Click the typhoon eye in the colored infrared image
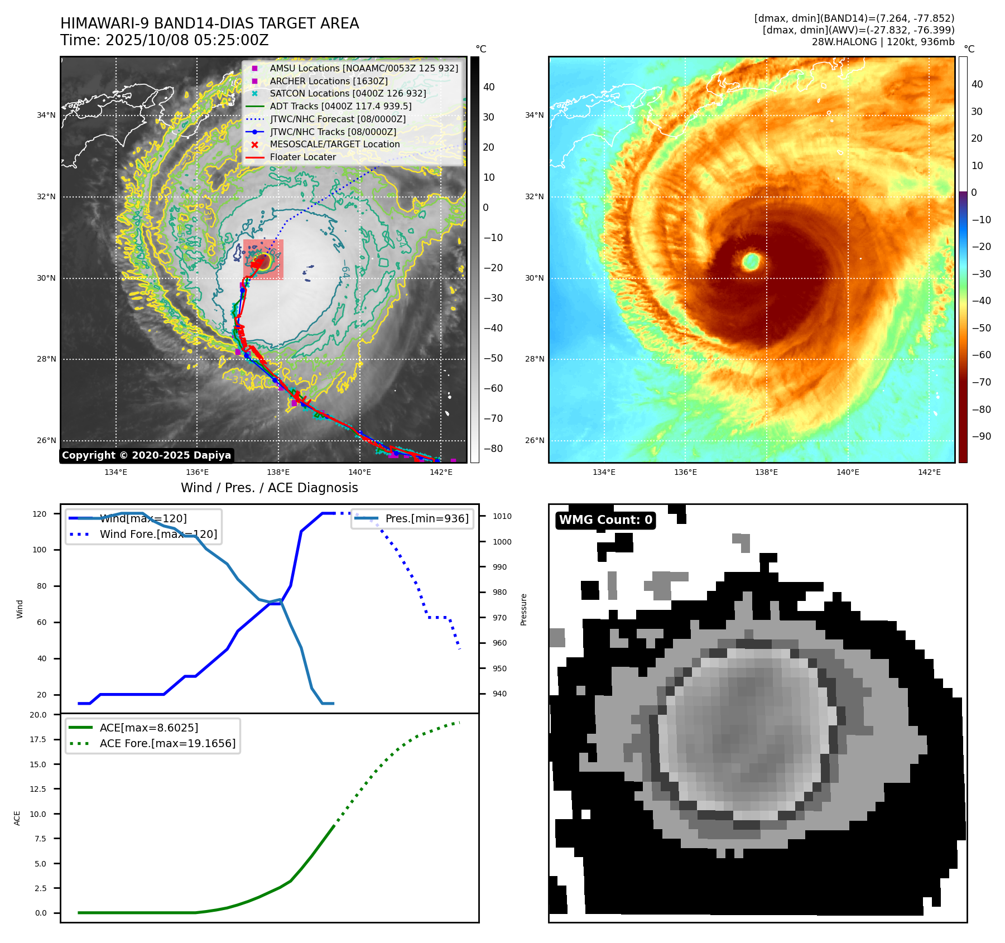(x=751, y=261)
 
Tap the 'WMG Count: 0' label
(x=605, y=520)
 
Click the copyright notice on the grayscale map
(x=146, y=455)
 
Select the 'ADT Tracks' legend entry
(x=340, y=106)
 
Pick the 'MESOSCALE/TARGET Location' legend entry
(x=335, y=144)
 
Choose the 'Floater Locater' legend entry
(x=303, y=157)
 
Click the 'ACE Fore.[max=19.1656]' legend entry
(x=167, y=743)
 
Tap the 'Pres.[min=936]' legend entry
(x=427, y=518)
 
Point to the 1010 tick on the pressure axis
(x=502, y=516)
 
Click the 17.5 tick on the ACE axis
(x=39, y=739)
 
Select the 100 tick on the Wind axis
(x=40, y=550)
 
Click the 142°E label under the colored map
(x=929, y=472)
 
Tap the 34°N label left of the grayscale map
(x=46, y=116)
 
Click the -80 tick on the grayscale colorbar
(x=493, y=449)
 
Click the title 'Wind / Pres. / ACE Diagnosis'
(x=270, y=488)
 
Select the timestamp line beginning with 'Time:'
(x=165, y=40)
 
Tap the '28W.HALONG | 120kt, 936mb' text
(x=883, y=42)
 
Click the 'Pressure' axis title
(x=523, y=609)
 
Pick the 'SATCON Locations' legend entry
(x=348, y=93)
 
